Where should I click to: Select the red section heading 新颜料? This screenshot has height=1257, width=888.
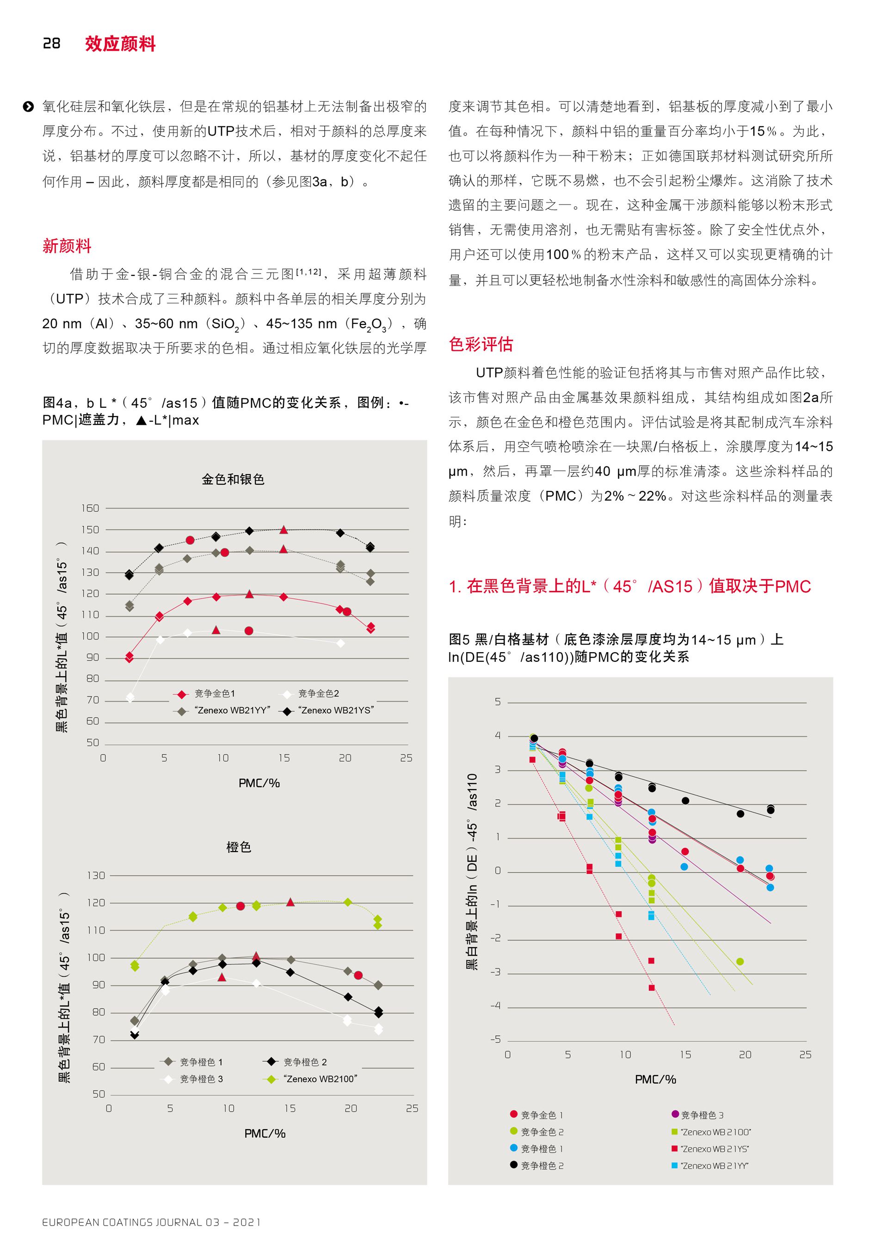coord(67,246)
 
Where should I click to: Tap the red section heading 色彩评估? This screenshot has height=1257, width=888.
coord(481,344)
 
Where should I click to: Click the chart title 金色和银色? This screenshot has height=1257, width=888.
coord(233,479)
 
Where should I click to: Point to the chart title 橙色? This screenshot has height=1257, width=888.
coord(239,847)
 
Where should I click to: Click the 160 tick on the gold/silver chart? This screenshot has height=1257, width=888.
coord(90,508)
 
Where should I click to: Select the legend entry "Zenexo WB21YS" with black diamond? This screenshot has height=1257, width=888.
coord(327,710)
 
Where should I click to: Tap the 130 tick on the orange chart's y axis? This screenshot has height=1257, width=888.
coord(96,876)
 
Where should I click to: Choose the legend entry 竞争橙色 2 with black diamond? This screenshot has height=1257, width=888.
coord(296,1062)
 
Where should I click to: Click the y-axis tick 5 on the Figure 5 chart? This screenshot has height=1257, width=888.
coord(497,701)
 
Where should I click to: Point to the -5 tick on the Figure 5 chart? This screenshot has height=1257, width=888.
coord(495,1039)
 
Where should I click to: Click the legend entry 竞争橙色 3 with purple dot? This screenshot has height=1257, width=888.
coord(697,1114)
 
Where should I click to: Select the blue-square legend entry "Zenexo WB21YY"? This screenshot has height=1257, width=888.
coord(710,1165)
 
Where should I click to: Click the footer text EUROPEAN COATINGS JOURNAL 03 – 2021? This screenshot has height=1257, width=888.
coord(152,1222)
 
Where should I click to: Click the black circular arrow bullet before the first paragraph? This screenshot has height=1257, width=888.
coord(29,107)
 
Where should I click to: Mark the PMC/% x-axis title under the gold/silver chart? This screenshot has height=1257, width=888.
coord(259,783)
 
